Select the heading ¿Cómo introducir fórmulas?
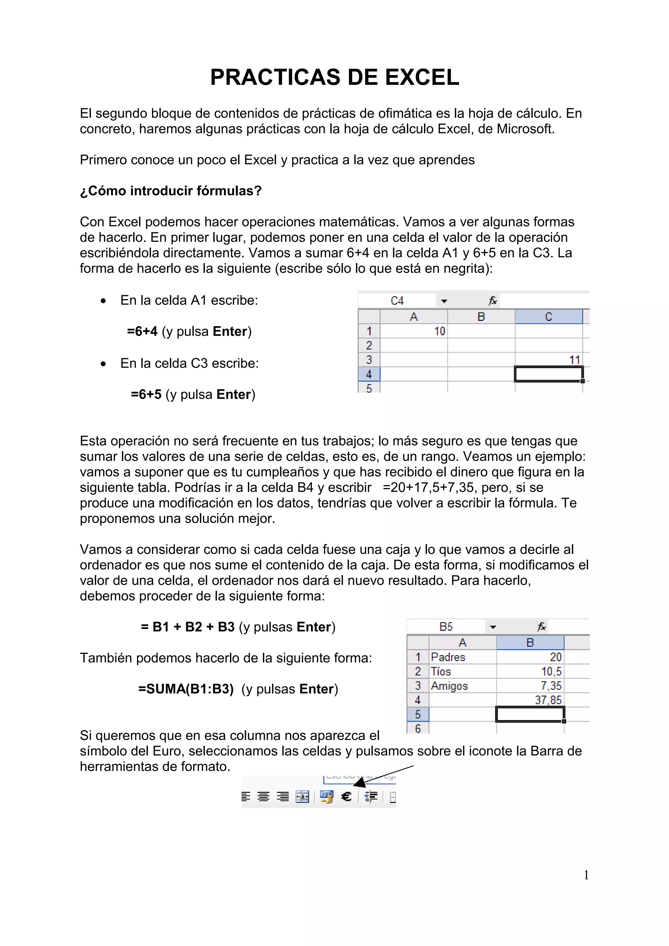[x=171, y=191]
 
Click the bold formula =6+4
[x=142, y=331]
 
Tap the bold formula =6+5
[x=146, y=394]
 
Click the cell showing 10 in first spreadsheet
[x=414, y=331]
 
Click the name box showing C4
[x=397, y=301]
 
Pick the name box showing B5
[x=446, y=627]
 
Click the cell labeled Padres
[x=462, y=657]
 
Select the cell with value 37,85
[x=530, y=700]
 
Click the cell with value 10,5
[x=530, y=671]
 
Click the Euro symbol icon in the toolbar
[x=346, y=797]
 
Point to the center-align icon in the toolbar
[x=263, y=797]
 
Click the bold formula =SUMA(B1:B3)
[x=186, y=689]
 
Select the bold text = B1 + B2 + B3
[x=188, y=627]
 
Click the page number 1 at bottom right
[x=586, y=875]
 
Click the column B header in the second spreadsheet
[x=530, y=642]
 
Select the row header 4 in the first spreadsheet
[x=368, y=374]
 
